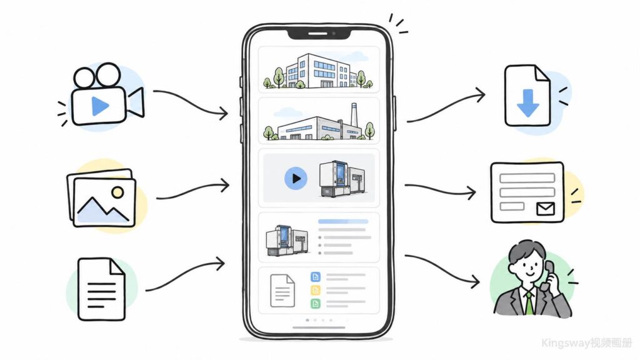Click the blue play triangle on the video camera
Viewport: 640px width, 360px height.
click(99, 106)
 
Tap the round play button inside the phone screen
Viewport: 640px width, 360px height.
click(296, 178)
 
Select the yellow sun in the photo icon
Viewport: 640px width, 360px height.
click(117, 192)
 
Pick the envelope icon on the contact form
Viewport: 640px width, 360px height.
click(545, 209)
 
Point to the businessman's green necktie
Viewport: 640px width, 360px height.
click(529, 302)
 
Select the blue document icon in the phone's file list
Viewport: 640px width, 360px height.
click(316, 277)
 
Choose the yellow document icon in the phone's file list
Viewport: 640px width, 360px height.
click(316, 290)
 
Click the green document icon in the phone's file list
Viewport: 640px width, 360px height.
click(316, 304)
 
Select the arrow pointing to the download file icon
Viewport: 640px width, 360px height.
click(446, 107)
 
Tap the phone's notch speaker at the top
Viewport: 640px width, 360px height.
click(317, 34)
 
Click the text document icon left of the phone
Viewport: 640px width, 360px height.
click(101, 289)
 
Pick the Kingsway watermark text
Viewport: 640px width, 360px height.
click(587, 343)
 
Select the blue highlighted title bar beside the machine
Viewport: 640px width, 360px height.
click(343, 222)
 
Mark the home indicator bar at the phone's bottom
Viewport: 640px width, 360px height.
click(319, 327)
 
